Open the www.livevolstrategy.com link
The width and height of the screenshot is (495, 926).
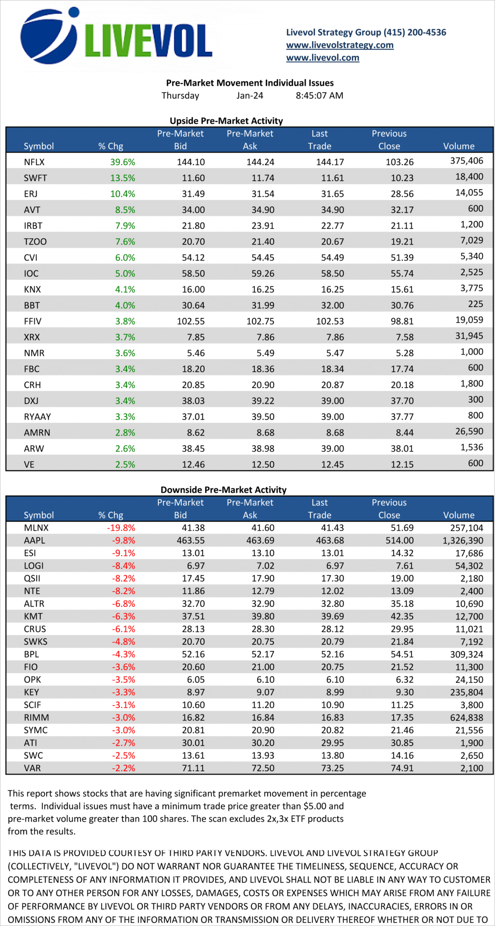[x=339, y=45]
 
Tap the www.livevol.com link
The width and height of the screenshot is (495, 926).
[x=322, y=58]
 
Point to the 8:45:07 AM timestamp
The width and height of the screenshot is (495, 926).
[x=319, y=96]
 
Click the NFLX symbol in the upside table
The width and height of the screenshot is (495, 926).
[x=34, y=162]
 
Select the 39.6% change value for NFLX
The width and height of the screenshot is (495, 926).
[x=123, y=162]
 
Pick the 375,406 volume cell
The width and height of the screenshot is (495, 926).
[x=467, y=161]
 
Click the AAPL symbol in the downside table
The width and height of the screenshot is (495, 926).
[x=34, y=540]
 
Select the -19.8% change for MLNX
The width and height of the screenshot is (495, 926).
[x=121, y=528]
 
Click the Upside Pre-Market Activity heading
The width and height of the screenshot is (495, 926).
[x=226, y=121]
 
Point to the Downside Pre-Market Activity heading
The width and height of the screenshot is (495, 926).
[x=223, y=490]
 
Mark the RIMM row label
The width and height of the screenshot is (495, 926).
[x=36, y=718]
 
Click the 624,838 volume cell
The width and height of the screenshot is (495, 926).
[x=464, y=718]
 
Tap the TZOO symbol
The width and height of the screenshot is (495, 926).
[x=35, y=241]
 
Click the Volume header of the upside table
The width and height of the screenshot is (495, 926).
[x=458, y=146]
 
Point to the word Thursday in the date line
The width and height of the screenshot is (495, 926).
[x=180, y=96]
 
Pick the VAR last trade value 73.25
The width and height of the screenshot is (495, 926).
[x=332, y=768]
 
